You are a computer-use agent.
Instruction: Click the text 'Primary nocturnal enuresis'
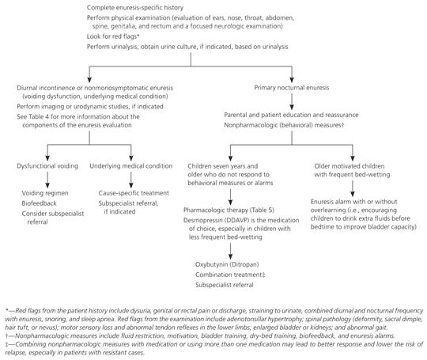(292, 88)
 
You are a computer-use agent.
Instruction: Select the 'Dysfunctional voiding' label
(47, 166)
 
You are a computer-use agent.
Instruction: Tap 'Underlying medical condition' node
(131, 166)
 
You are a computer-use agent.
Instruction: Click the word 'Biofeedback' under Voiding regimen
(40, 203)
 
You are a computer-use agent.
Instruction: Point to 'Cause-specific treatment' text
(134, 193)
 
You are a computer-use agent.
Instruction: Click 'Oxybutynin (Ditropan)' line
(227, 264)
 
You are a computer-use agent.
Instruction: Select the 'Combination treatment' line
(230, 275)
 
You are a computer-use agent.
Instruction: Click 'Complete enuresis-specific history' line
(135, 8)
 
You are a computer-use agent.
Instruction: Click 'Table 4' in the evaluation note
(39, 117)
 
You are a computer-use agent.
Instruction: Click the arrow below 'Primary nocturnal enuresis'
(292, 101)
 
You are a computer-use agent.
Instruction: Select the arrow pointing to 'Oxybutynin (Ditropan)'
(230, 251)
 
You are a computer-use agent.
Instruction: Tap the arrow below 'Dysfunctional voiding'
(47, 180)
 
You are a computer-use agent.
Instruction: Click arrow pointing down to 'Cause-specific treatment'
(131, 180)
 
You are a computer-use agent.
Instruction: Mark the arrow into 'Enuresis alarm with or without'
(353, 188)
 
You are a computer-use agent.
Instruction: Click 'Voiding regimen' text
(45, 193)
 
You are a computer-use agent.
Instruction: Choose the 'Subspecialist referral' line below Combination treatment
(225, 285)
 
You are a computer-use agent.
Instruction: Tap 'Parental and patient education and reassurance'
(291, 115)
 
